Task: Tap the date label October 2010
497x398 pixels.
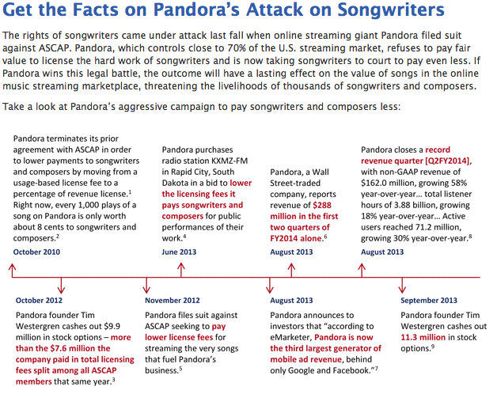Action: [36, 252]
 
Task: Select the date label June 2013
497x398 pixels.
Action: [179, 252]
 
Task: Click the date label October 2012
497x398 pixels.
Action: [39, 301]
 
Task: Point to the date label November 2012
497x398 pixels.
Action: [173, 301]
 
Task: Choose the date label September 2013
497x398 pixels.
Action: [429, 301]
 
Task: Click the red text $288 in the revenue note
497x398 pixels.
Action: [322, 206]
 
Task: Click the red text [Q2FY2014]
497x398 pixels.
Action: [447, 161]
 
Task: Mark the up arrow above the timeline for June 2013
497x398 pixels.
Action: [181, 270]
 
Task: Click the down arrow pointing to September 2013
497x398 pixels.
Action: [402, 285]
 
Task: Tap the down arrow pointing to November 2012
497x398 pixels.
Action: [146, 285]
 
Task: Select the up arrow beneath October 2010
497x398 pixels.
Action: [12, 270]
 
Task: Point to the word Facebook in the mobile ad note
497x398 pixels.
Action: [352, 370]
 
